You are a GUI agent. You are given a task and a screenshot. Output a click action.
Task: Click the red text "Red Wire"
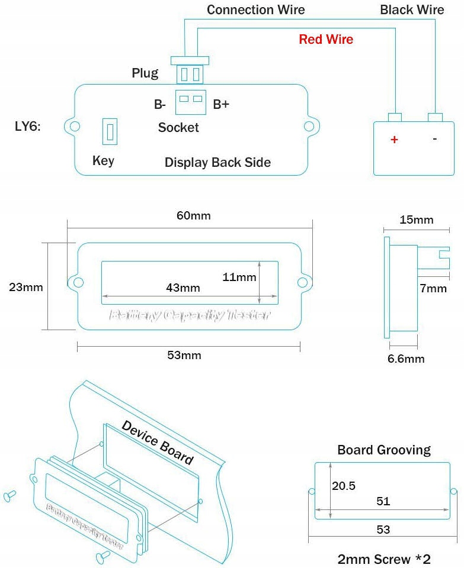(x=326, y=40)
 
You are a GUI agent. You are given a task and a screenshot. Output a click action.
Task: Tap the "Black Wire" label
(x=412, y=10)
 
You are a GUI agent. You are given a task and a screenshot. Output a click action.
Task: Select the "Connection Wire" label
(x=255, y=10)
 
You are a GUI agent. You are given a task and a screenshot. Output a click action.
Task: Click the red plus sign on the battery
(x=393, y=140)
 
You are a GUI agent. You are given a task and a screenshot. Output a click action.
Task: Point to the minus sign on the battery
(x=435, y=139)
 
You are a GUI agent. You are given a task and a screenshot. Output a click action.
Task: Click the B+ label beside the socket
(x=221, y=105)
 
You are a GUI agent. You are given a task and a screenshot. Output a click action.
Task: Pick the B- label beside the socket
(x=159, y=105)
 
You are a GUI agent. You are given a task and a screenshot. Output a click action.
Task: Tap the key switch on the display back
(x=110, y=131)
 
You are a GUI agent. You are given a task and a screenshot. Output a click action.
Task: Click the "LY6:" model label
(x=27, y=127)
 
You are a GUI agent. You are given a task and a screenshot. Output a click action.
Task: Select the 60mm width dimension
(x=193, y=215)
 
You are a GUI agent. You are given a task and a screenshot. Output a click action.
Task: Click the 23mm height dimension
(x=26, y=288)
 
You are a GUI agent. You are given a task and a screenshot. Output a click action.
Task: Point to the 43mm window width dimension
(x=183, y=288)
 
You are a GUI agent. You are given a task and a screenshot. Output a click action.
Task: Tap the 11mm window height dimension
(x=239, y=276)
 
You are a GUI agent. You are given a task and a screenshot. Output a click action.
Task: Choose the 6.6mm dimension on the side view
(x=407, y=359)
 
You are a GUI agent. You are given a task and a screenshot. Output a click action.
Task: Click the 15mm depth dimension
(x=416, y=220)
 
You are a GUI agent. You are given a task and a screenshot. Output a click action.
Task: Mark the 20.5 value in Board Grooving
(x=344, y=486)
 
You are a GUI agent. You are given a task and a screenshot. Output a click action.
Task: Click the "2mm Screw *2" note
(x=383, y=559)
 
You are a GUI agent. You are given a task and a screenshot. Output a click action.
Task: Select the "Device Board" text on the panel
(x=158, y=443)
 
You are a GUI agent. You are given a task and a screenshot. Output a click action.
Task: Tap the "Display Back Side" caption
(x=217, y=162)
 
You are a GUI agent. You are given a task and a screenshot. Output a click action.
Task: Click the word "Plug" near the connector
(x=145, y=73)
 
